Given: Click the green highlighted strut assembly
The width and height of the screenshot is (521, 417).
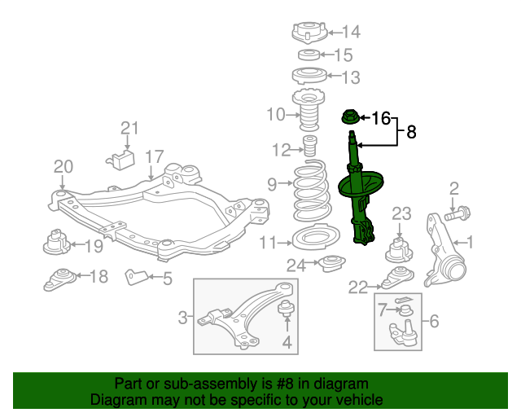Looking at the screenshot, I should click(x=359, y=195).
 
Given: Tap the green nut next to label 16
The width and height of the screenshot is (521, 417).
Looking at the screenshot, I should click(x=350, y=119).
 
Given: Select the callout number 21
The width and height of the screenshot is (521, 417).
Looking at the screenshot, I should click(x=130, y=128).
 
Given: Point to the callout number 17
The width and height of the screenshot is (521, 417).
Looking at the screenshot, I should click(x=154, y=156).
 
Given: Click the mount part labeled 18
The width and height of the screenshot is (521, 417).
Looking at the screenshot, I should click(x=60, y=279).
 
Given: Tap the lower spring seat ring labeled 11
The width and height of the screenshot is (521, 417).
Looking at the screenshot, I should click(x=308, y=240).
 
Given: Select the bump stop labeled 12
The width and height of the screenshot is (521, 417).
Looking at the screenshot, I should click(x=309, y=150).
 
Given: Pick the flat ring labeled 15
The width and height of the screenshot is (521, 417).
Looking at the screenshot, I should click(x=309, y=55).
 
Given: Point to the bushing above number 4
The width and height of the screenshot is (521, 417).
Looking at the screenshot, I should click(x=287, y=309).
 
